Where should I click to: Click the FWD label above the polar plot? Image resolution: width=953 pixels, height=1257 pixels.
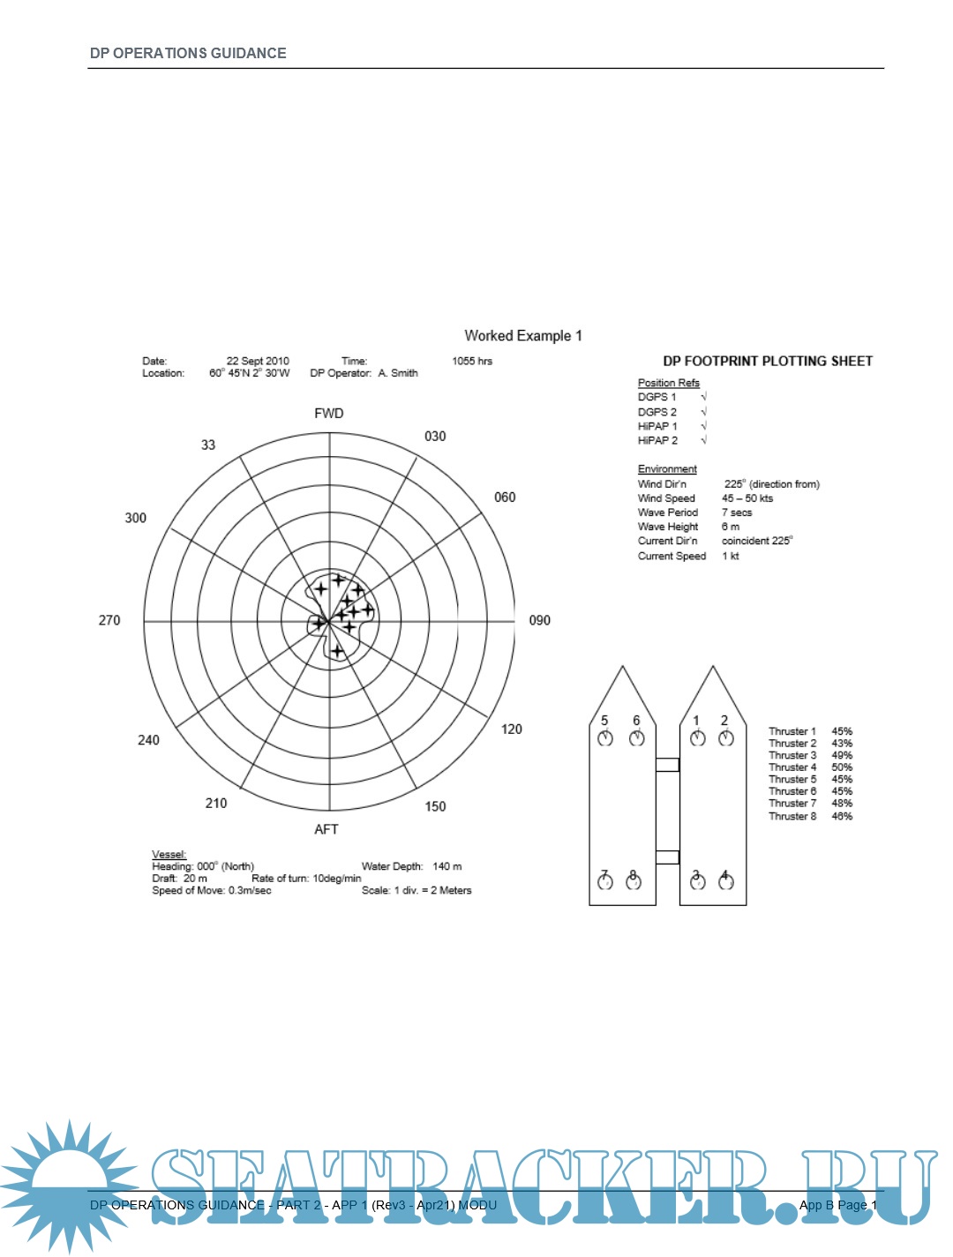click(329, 414)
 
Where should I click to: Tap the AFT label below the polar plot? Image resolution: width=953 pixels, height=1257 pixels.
click(326, 829)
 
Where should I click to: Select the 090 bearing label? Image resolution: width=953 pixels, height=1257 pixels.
click(539, 620)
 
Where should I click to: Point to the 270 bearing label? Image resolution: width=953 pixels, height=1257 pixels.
click(109, 620)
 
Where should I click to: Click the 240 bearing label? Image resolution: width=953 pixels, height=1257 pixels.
click(148, 740)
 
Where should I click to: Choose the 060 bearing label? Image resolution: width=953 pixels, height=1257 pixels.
click(505, 498)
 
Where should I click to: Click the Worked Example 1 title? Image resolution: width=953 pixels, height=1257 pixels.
click(523, 335)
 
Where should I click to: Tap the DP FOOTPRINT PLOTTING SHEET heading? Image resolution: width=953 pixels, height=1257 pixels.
click(768, 362)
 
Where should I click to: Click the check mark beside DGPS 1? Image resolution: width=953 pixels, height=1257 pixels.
click(704, 396)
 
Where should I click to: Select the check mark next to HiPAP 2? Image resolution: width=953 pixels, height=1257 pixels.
click(704, 440)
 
